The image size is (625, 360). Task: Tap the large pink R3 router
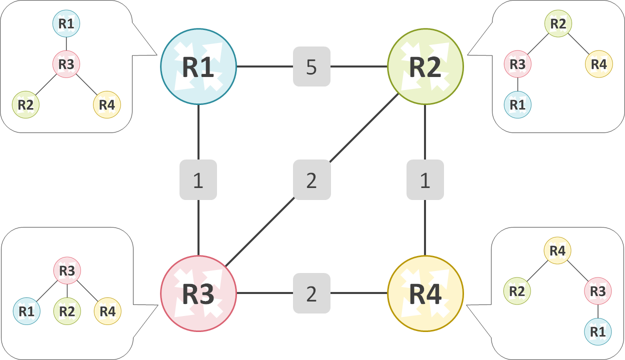point(198,293)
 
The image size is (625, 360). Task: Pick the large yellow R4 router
point(425,293)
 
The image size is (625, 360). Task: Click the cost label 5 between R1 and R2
point(311,66)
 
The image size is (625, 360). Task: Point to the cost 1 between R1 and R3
point(198,180)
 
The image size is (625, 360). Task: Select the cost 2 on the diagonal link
point(311,180)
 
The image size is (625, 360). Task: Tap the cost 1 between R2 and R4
point(425,180)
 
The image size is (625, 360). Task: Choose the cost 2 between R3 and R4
point(311,293)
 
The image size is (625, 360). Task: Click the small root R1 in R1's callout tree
point(66,23)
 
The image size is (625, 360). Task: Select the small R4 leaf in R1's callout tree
point(107,104)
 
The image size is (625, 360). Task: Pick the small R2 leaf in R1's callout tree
point(26,104)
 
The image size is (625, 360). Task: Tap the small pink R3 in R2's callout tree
point(517,64)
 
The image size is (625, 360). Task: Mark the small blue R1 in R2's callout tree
point(517,104)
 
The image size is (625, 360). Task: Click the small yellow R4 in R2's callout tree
point(598,64)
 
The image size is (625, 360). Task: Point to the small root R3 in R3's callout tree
point(67,270)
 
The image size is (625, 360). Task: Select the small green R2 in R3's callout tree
point(67,311)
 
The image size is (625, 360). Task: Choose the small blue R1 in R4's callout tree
point(598,331)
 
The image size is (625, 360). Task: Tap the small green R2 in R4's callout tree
point(517,291)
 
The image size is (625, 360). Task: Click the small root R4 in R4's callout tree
point(557,250)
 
